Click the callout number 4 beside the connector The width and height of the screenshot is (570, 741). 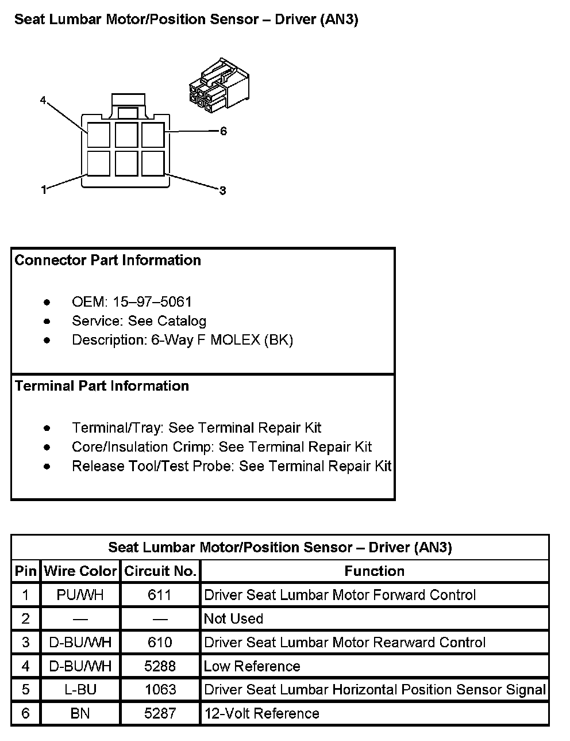click(43, 101)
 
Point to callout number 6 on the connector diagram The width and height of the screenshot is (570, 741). click(223, 131)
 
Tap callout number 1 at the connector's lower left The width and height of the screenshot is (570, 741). click(44, 189)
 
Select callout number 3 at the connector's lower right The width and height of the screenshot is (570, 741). click(222, 190)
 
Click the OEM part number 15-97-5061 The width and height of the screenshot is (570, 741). click(152, 302)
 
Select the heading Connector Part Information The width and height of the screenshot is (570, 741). click(108, 261)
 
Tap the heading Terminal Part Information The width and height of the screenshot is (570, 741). click(102, 386)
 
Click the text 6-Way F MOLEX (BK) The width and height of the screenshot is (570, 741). click(222, 340)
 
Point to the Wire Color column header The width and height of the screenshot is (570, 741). click(80, 571)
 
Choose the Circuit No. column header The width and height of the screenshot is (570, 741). click(160, 571)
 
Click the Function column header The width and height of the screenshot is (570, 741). click(375, 571)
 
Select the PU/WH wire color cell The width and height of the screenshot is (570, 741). click(80, 595)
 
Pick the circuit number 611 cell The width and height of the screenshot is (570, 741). click(160, 595)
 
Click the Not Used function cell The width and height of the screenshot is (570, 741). click(234, 619)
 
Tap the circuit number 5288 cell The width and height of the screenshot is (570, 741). click(160, 666)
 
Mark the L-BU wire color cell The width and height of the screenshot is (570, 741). click(80, 690)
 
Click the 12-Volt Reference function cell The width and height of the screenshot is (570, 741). click(261, 714)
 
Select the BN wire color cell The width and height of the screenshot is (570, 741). click(80, 714)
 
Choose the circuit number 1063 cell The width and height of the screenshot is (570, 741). click(160, 690)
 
